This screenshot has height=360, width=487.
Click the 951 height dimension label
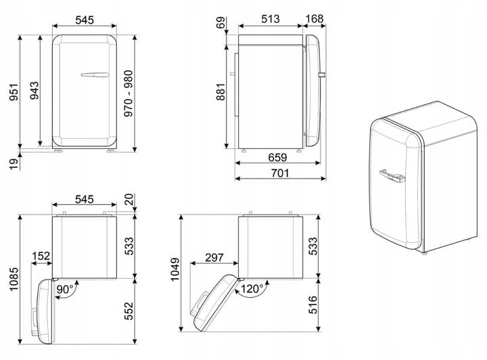pyautogui.click(x=14, y=92)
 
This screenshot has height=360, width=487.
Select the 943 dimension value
pyautogui.click(x=34, y=91)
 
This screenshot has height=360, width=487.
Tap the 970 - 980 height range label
pyautogui.click(x=128, y=93)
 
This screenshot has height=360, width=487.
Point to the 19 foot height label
pyautogui.click(x=14, y=163)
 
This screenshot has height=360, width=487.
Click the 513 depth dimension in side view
pyautogui.click(x=270, y=19)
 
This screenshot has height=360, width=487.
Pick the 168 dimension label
pyautogui.click(x=315, y=19)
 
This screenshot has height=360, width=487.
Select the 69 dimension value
pyautogui.click(x=221, y=23)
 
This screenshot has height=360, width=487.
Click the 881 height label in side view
pyautogui.click(x=221, y=91)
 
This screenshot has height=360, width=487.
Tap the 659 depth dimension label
pyautogui.click(x=277, y=158)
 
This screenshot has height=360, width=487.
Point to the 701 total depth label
pyautogui.click(x=280, y=173)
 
